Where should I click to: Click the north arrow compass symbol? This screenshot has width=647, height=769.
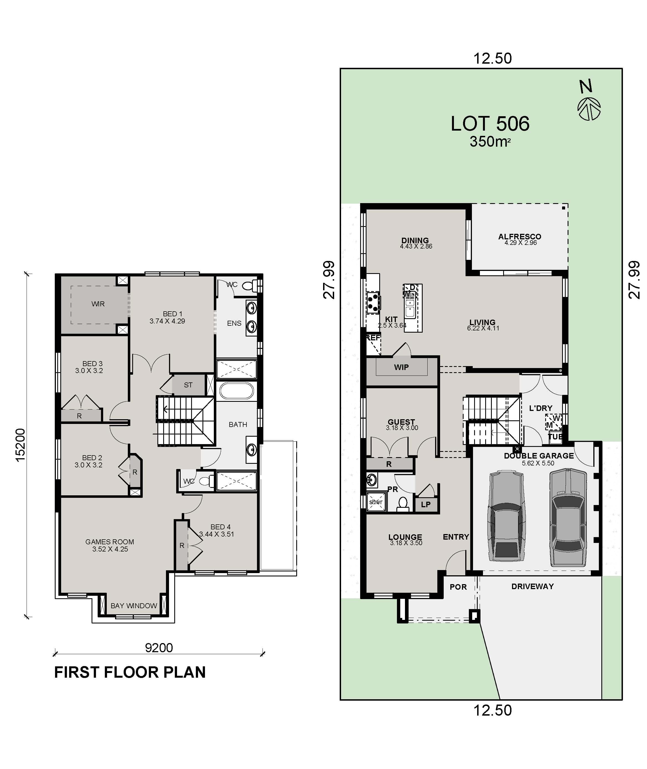(589, 108)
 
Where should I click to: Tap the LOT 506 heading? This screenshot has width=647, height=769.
(490, 124)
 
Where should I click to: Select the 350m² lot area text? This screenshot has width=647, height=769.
(490, 142)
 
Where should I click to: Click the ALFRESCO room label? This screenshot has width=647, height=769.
(519, 237)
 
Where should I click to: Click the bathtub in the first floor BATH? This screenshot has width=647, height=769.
(236, 391)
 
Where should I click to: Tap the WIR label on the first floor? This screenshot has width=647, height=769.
(98, 304)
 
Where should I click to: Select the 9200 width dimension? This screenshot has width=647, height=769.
(159, 648)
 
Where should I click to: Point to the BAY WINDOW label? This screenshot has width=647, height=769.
(134, 606)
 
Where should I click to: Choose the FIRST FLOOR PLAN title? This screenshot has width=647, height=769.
(130, 672)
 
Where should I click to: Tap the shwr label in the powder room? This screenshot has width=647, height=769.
(376, 502)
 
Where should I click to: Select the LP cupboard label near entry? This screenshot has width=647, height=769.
(425, 504)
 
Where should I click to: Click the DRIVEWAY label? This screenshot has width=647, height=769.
(532, 587)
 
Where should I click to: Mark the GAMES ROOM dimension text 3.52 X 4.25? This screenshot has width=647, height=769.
(110, 549)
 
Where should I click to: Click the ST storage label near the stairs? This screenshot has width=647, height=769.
(188, 385)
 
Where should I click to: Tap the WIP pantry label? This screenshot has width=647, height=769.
(401, 367)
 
